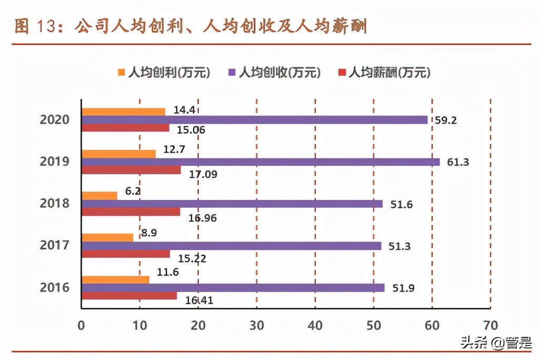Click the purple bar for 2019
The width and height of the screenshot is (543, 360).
pos(260,162)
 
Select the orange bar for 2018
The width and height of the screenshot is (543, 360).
pos(99,196)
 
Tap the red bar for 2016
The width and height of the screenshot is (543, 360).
pos(129,296)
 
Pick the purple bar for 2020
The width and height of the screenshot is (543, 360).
pos(255,120)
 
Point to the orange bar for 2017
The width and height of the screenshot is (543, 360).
pos(107,238)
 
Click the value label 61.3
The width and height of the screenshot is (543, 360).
pos(458,162)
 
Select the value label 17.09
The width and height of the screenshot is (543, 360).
pos(204,175)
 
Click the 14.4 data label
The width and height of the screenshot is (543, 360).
pos(184,111)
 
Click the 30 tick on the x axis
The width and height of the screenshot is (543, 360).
pos(256,325)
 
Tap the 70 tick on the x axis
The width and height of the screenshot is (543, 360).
pos(490,325)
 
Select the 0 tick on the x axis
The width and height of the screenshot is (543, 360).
pos(81,325)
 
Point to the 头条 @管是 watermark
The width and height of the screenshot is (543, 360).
pos(496,344)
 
